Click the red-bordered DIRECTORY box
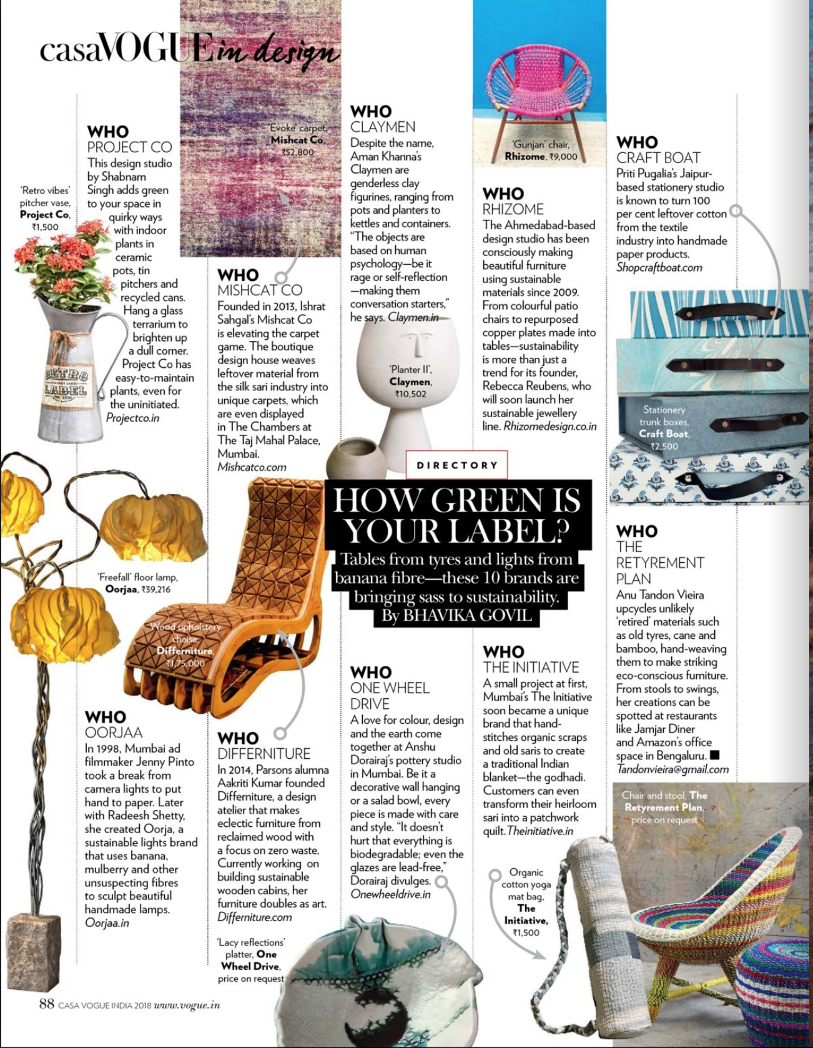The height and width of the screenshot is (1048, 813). pyautogui.click(x=456, y=465)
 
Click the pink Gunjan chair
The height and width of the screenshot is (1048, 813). pyautogui.click(x=538, y=94)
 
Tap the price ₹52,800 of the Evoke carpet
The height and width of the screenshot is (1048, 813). pyautogui.click(x=298, y=152)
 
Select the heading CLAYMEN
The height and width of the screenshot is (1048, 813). pyautogui.click(x=383, y=127)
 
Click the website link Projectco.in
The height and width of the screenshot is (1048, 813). pyautogui.click(x=132, y=418)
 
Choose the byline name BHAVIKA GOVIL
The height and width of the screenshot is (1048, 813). pyautogui.click(x=468, y=615)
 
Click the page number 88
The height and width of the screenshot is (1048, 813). pyautogui.click(x=46, y=1004)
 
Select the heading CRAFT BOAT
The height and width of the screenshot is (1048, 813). pyautogui.click(x=658, y=158)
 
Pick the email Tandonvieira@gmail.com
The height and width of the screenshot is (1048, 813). pyautogui.click(x=673, y=769)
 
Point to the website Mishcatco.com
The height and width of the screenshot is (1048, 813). pyautogui.click(x=252, y=467)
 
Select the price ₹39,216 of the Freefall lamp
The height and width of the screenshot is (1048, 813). pyautogui.click(x=155, y=589)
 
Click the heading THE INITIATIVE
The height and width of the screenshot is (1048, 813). pyautogui.click(x=531, y=667)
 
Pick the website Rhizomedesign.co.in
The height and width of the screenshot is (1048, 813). pyautogui.click(x=550, y=426)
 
